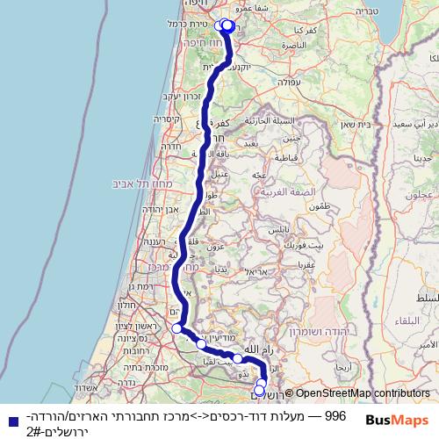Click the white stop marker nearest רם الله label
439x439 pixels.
238,358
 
